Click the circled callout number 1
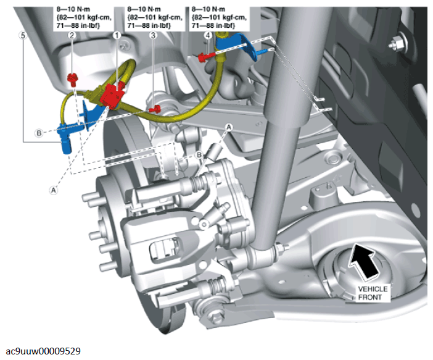coord(115,36)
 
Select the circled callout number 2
coord(72,36)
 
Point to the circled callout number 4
coord(208,36)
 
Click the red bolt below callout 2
coord(73,77)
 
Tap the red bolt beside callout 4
coord(204,57)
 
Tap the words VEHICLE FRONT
coord(373,293)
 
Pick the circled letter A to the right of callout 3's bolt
coord(229,126)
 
